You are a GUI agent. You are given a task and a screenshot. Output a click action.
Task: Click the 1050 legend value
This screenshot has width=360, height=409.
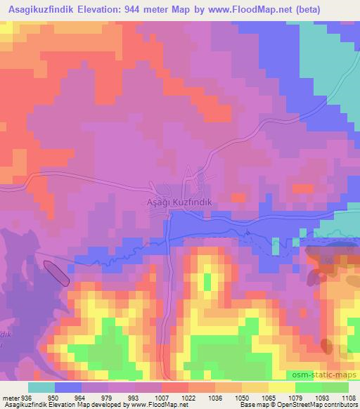pyautogui.click(x=242, y=397)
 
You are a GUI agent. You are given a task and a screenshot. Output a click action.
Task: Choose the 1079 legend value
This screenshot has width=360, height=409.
pyautogui.click(x=292, y=397)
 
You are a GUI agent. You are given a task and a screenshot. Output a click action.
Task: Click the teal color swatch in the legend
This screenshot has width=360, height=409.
pyautogui.click(x=41, y=387)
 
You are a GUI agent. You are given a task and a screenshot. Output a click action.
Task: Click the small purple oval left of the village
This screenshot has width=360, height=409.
pyautogui.click(x=57, y=273)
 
